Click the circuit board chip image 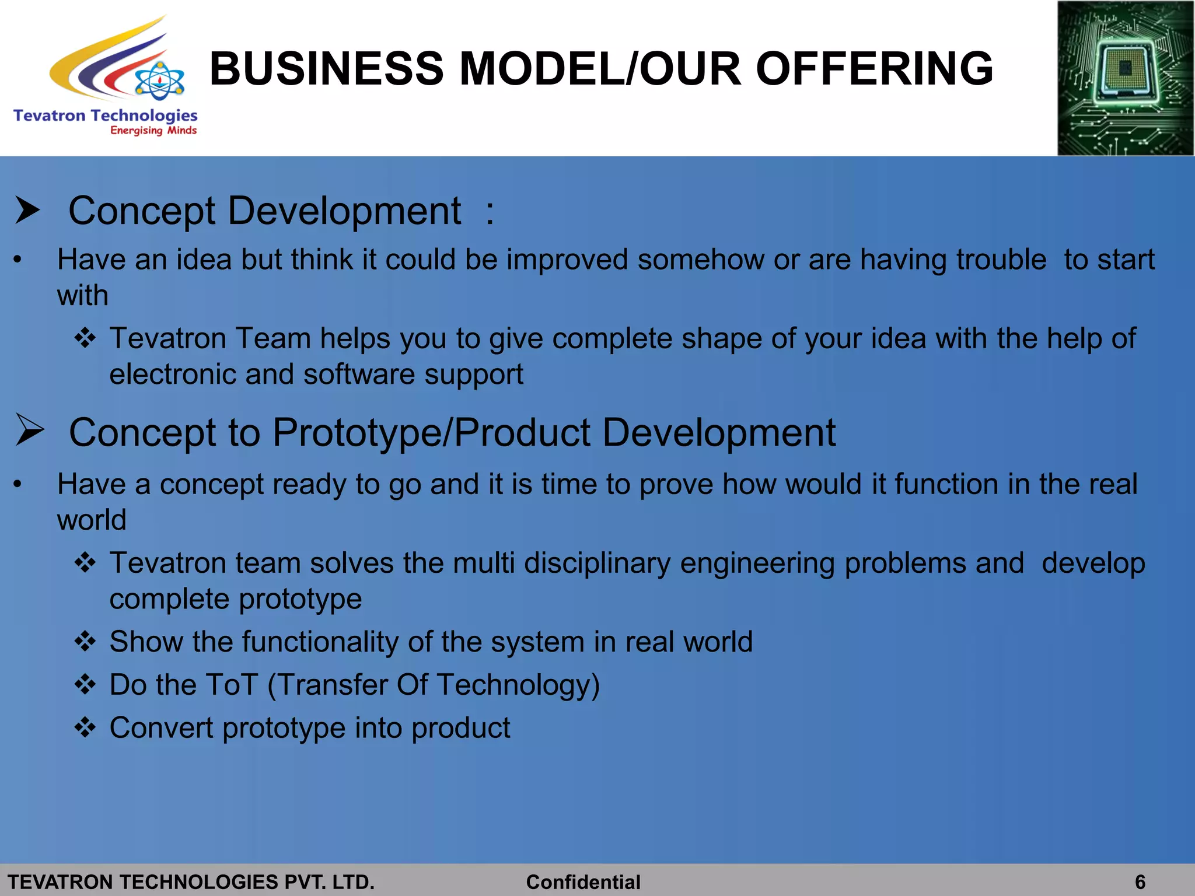[1125, 78]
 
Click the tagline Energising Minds [153, 131]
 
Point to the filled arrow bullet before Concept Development [27, 211]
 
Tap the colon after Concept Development [490, 212]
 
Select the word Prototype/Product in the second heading [431, 433]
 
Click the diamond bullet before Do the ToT [85, 684]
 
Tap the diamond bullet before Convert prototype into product [85, 727]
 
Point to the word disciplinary [597, 564]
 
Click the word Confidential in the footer [583, 882]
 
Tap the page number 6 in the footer [1140, 882]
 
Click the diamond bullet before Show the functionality [85, 642]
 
